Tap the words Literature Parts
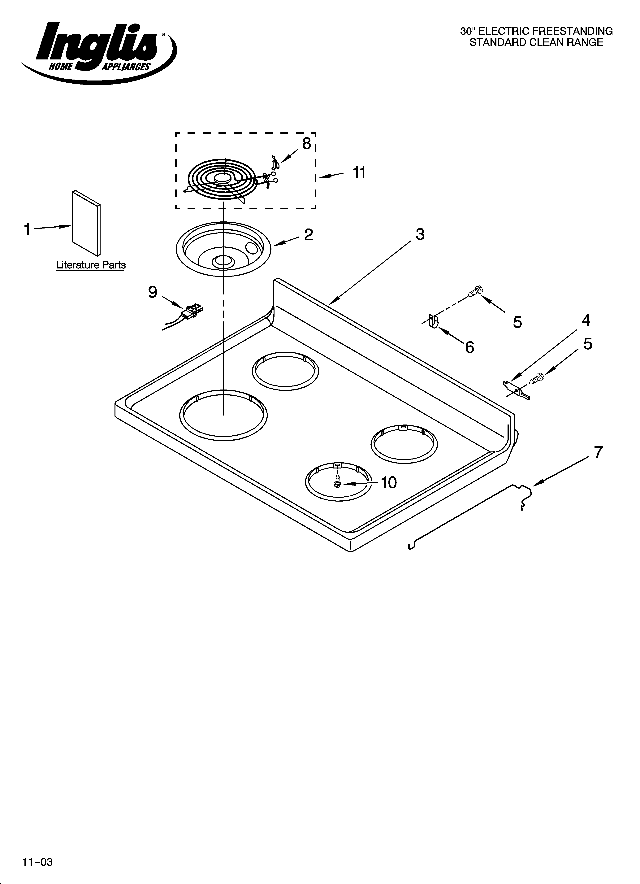[x=91, y=265]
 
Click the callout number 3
[x=420, y=234]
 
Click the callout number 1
[x=27, y=229]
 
